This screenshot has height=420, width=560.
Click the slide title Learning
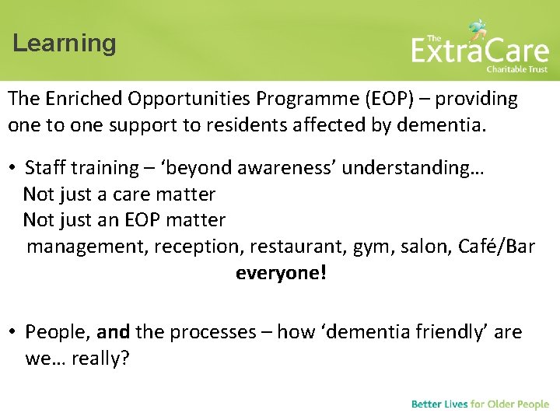click(64, 44)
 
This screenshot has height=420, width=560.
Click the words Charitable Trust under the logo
click(516, 69)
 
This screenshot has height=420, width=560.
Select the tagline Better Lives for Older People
click(480, 404)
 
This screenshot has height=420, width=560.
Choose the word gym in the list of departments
click(373, 247)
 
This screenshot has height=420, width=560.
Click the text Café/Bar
click(497, 247)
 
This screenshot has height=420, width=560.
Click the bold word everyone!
click(281, 274)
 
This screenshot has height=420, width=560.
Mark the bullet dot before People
click(13, 333)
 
